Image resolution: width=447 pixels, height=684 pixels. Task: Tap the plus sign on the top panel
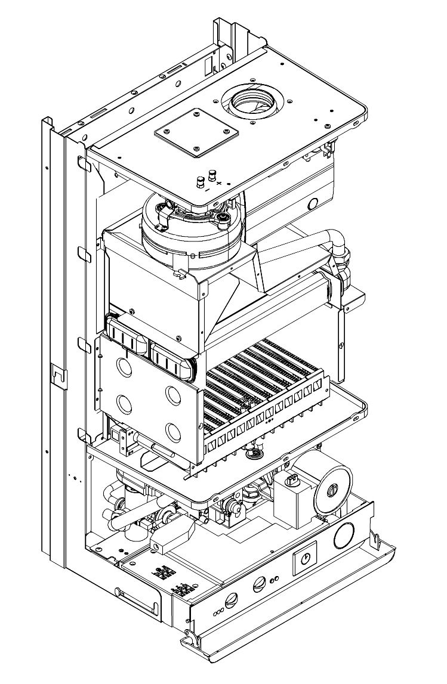[x=220, y=182]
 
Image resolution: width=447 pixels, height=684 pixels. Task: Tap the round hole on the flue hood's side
[x=312, y=203]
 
